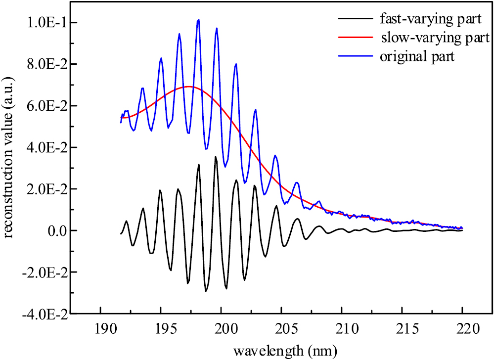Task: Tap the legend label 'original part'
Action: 417,56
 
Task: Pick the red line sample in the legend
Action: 355,38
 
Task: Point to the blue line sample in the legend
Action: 355,56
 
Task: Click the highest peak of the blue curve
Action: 198,20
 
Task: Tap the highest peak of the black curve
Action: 215,157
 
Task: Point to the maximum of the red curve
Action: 189,87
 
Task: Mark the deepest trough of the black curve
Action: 206,291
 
